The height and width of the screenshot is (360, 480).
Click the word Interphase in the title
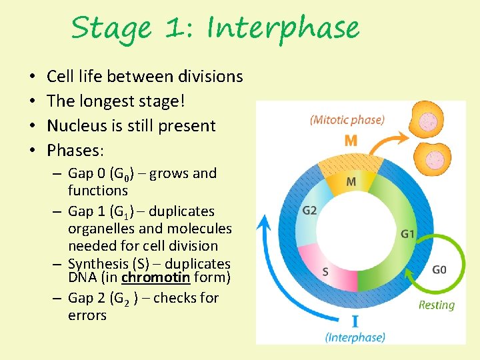click(283, 28)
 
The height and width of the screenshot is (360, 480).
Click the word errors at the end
click(87, 315)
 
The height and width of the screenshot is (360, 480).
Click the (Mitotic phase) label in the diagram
click(347, 120)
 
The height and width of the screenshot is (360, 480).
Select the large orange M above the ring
click(351, 141)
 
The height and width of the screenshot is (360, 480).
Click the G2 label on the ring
click(309, 211)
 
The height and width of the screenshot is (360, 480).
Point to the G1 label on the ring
click(408, 233)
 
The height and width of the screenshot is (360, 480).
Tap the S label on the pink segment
click(325, 271)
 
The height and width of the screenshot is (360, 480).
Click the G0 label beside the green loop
click(439, 270)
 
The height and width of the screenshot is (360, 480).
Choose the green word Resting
click(436, 305)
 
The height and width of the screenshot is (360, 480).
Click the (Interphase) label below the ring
click(355, 337)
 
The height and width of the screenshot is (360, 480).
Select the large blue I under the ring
click(355, 321)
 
